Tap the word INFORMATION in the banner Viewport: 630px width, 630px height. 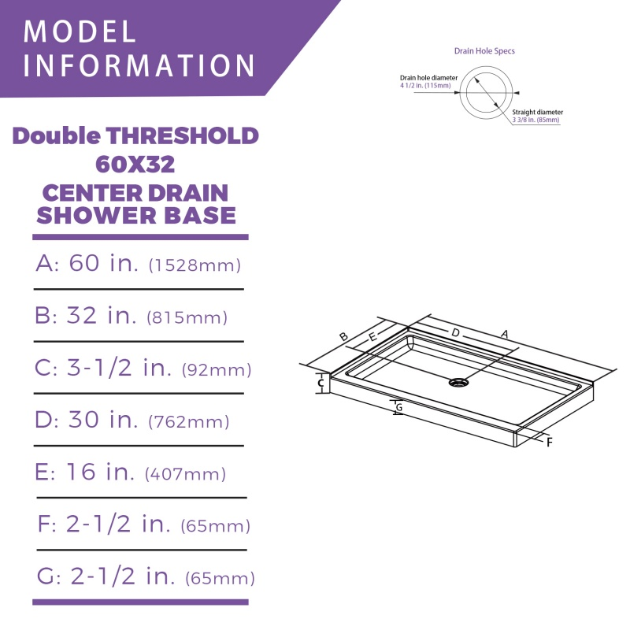pyautogui.click(x=139, y=65)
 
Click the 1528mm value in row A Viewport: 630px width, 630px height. pyautogui.click(x=195, y=265)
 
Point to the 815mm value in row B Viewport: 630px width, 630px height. pyautogui.click(x=187, y=318)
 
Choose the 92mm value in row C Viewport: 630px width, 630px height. pyautogui.click(x=217, y=369)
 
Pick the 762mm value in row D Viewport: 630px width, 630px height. pyautogui.click(x=189, y=422)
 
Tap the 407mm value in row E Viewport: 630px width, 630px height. pyautogui.click(x=186, y=474)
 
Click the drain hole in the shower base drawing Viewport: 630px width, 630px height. pyautogui.click(x=458, y=383)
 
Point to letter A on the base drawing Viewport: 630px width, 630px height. pyautogui.click(x=505, y=334)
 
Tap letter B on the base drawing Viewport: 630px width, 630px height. pyautogui.click(x=343, y=337)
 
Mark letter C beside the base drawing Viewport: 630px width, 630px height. pyautogui.click(x=321, y=384)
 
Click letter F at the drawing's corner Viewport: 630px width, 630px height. pyautogui.click(x=550, y=442)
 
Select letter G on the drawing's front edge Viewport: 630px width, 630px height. pyautogui.click(x=399, y=407)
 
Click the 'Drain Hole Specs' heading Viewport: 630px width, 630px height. pyautogui.click(x=484, y=51)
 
